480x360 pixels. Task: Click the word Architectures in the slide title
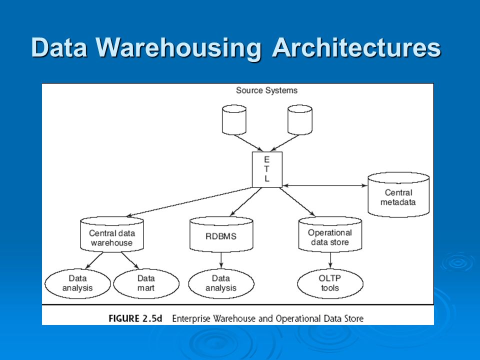356,47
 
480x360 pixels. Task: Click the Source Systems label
266,90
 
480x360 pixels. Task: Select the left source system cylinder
234,119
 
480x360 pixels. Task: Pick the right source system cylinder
300,119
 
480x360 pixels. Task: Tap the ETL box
267,169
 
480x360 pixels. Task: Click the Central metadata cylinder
398,194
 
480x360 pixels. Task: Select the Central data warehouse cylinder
112,234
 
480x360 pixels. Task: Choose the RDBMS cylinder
221,234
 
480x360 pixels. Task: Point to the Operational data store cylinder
330,234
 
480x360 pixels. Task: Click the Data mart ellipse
146,283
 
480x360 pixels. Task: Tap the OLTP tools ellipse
330,283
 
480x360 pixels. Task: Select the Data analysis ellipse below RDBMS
221,283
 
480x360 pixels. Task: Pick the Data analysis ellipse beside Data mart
77,283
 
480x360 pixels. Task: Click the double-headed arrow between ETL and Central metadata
325,185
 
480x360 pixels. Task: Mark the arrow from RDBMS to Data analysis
221,260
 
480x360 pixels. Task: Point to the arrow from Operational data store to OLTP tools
330,260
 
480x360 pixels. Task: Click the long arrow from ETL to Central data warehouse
189,202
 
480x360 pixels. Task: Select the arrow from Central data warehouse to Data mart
130,261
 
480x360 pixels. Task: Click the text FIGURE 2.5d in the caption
135,318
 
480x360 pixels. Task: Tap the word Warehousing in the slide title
178,48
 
